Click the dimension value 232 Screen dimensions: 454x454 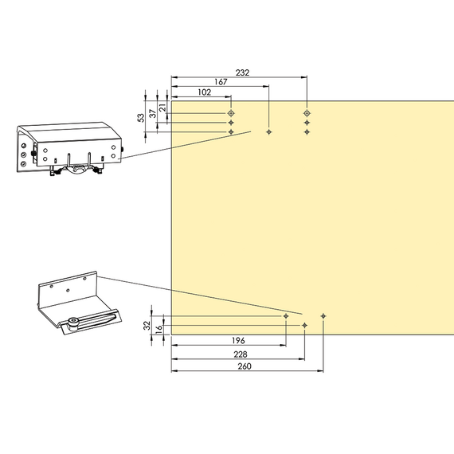click(242, 72)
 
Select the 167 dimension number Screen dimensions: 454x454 click(221, 82)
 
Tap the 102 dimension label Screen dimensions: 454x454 click(205, 92)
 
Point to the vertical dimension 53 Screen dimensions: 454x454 click(141, 118)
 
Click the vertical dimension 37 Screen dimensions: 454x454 click(153, 113)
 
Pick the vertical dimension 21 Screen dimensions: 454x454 click(163, 108)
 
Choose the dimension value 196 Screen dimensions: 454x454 click(238, 341)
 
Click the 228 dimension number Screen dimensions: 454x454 click(241, 354)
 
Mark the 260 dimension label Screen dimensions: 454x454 click(245, 366)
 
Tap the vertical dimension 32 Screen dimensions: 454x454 click(147, 326)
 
